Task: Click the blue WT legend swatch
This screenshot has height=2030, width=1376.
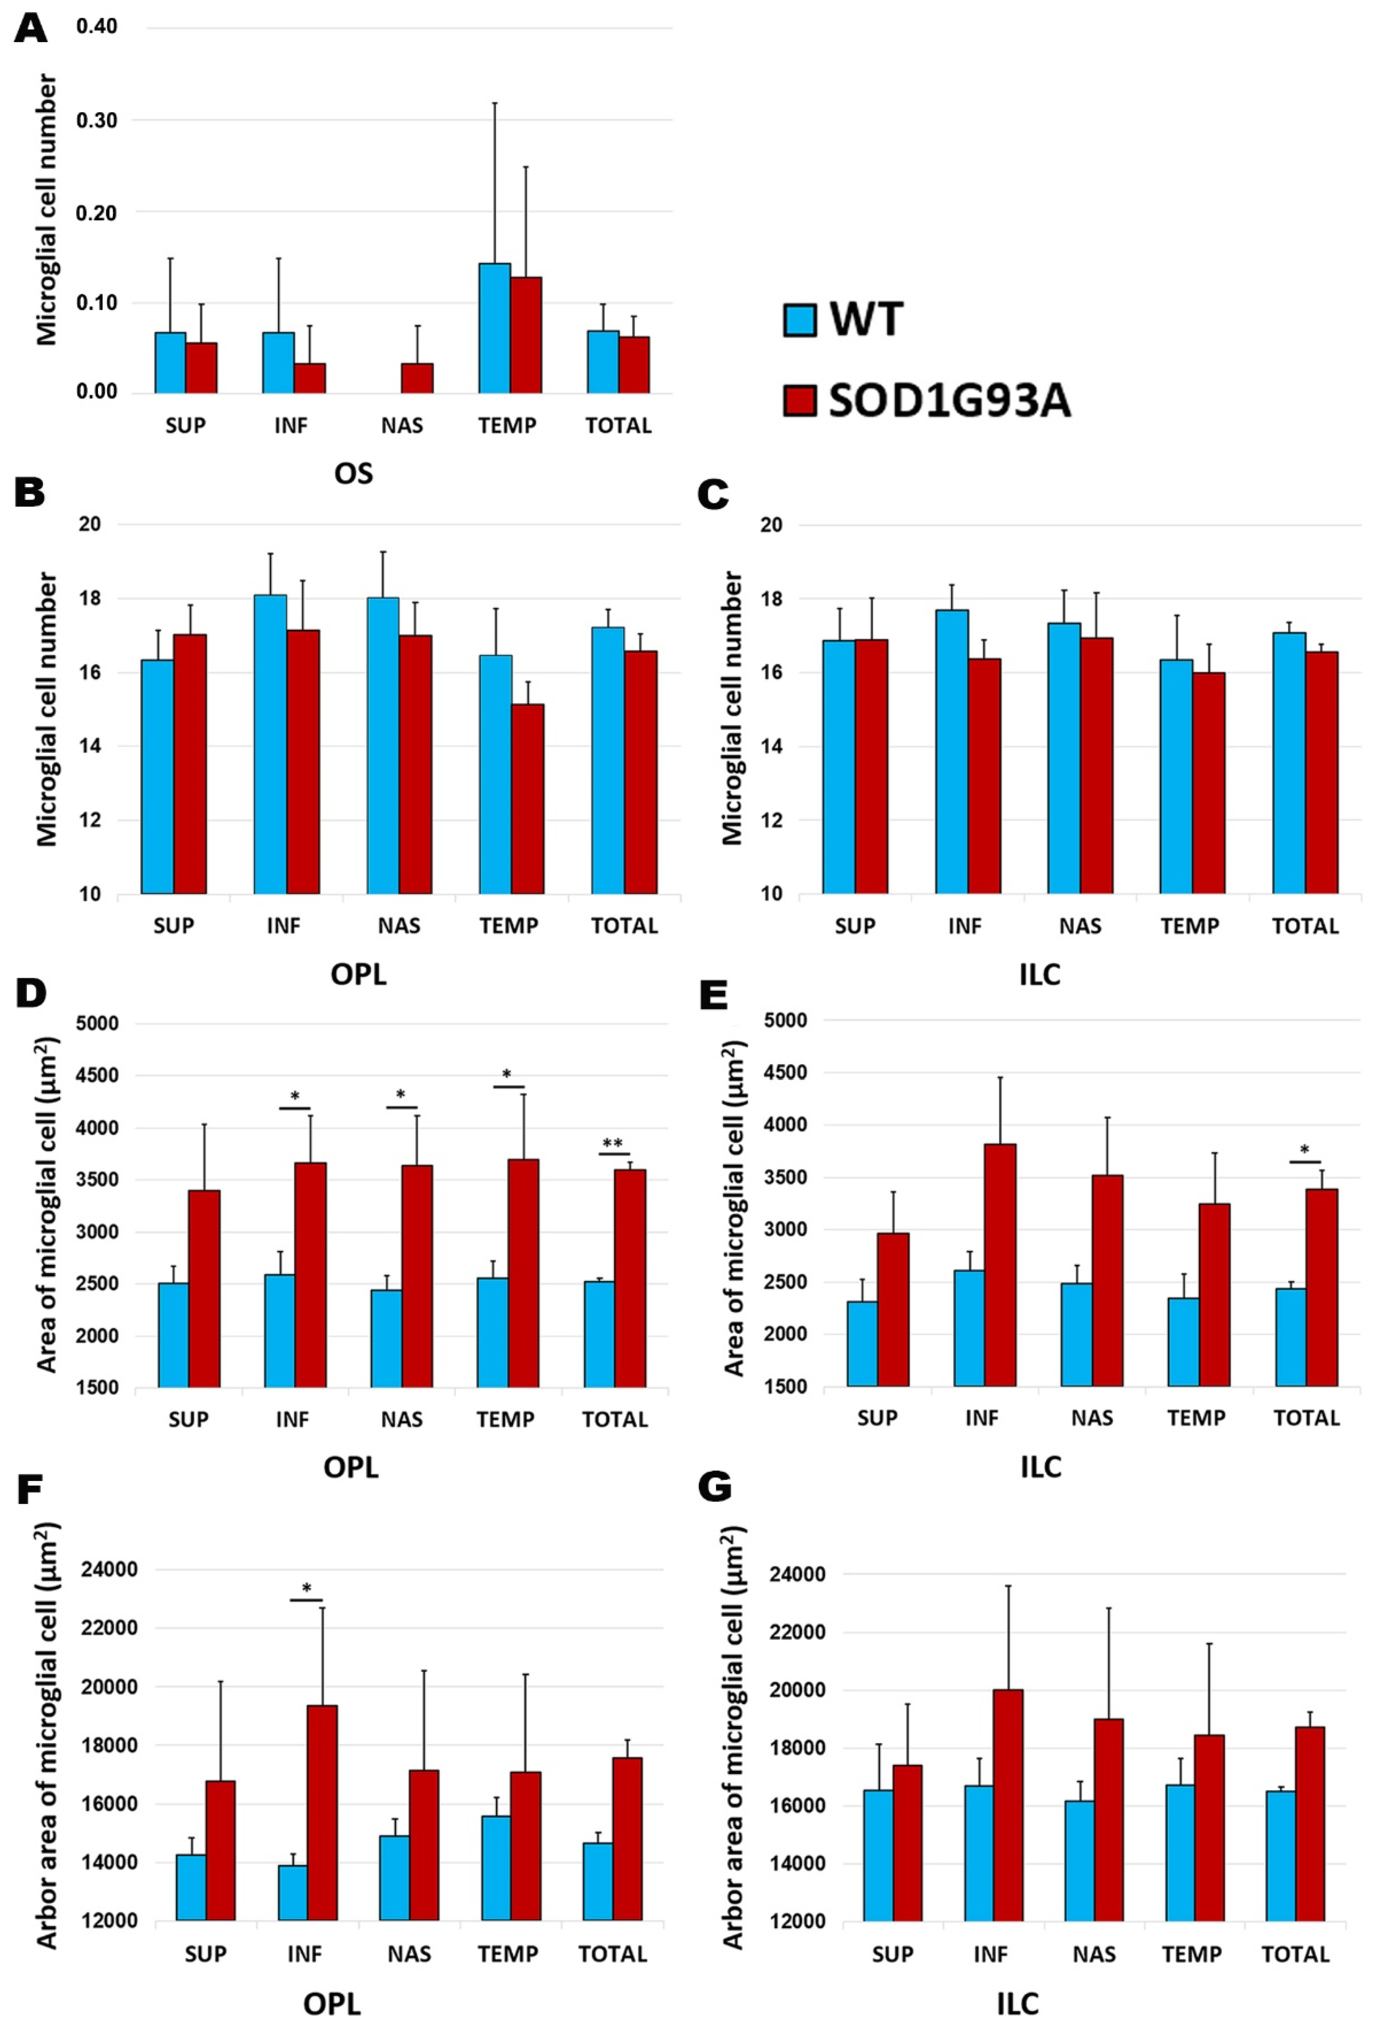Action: coord(799,320)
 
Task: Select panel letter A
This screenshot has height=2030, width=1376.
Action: coord(31,29)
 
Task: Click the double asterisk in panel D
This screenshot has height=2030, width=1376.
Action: coord(613,1144)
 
